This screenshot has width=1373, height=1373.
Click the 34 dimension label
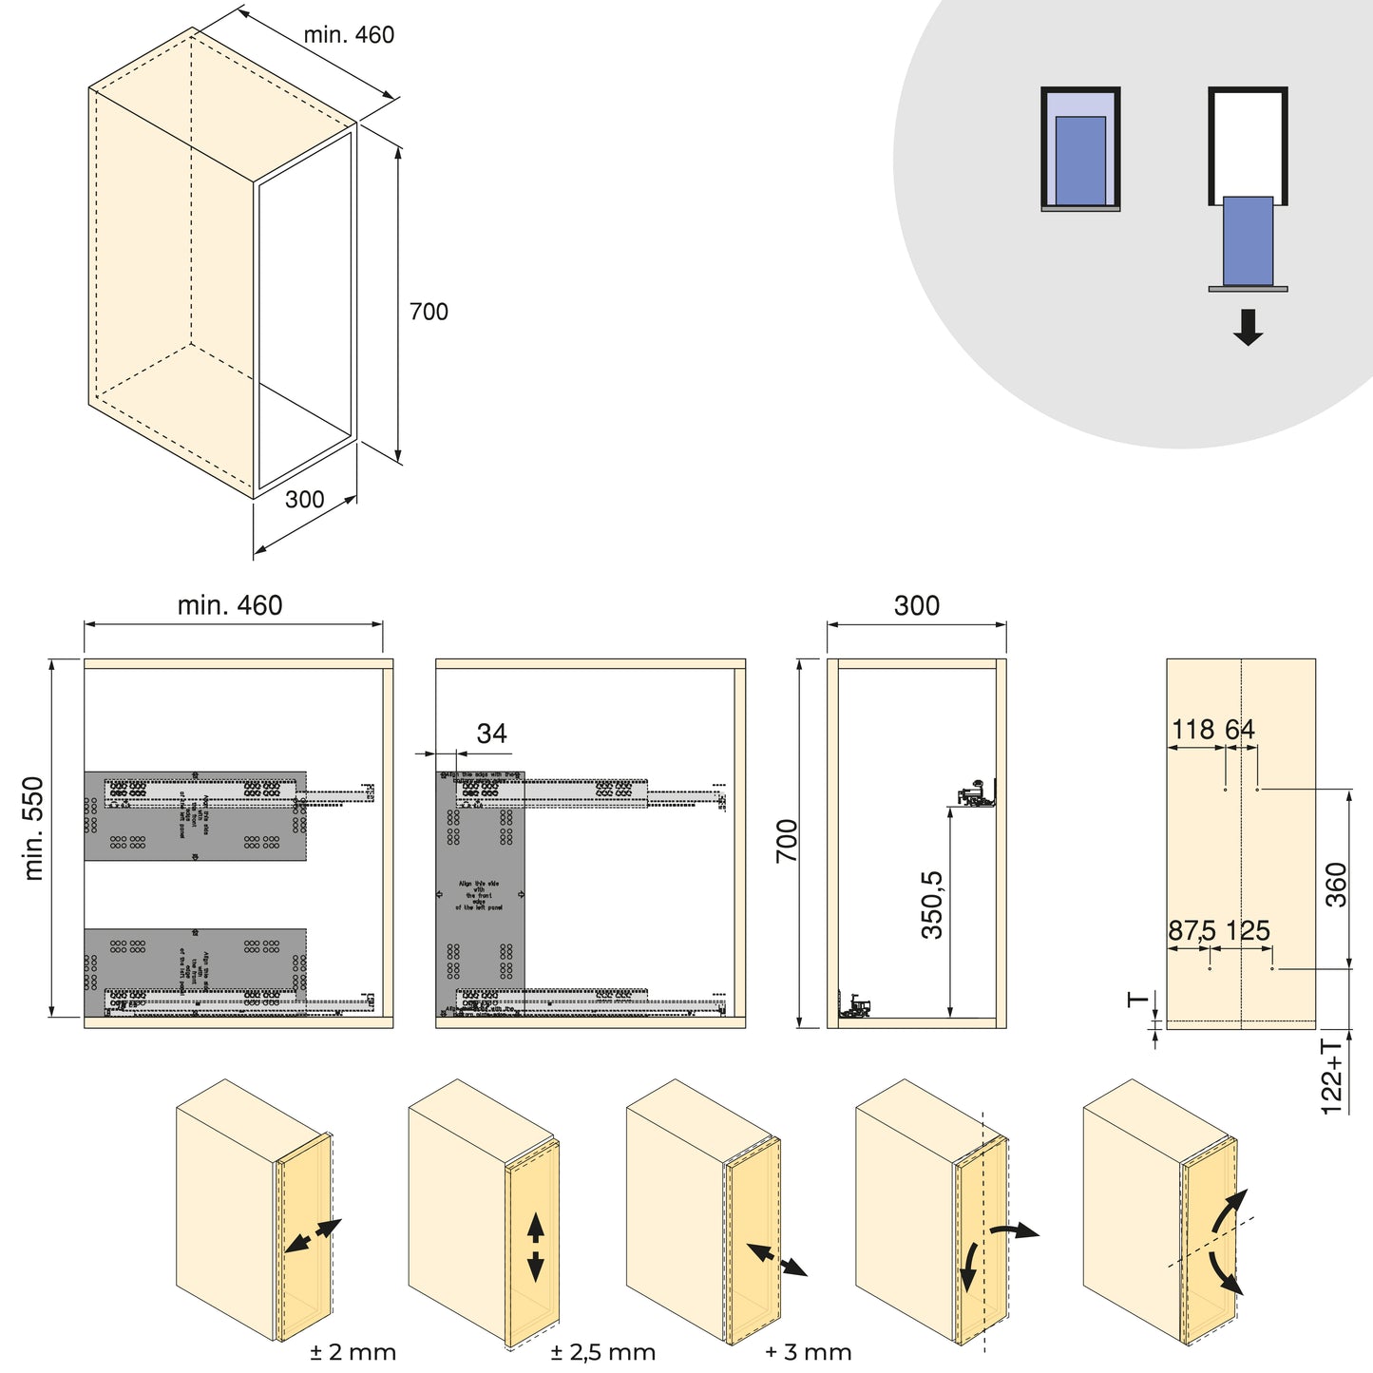pyautogui.click(x=491, y=734)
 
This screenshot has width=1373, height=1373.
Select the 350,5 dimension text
pyautogui.click(x=933, y=905)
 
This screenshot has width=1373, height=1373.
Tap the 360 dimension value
pyautogui.click(x=1336, y=884)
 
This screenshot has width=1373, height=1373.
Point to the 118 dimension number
pyautogui.click(x=1192, y=730)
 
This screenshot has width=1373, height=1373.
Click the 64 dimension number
pyautogui.click(x=1240, y=730)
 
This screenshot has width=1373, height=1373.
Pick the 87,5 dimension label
pyautogui.click(x=1192, y=931)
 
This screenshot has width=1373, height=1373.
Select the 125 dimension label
pyautogui.click(x=1248, y=931)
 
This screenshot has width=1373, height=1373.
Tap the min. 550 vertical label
pyautogui.click(x=34, y=829)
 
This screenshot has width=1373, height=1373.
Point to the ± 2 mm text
pyautogui.click(x=353, y=1352)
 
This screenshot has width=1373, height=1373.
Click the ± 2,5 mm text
pyautogui.click(x=602, y=1352)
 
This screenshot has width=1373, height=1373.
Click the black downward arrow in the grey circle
pyautogui.click(x=1248, y=327)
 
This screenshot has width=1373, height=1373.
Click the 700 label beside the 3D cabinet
pyautogui.click(x=429, y=313)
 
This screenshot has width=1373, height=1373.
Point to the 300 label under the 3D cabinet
pyautogui.click(x=305, y=500)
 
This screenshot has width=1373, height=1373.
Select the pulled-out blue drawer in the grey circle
pyautogui.click(x=1248, y=240)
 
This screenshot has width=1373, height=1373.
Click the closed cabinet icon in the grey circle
pyautogui.click(x=1080, y=149)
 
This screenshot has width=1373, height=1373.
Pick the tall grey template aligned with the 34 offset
pyautogui.click(x=481, y=893)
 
